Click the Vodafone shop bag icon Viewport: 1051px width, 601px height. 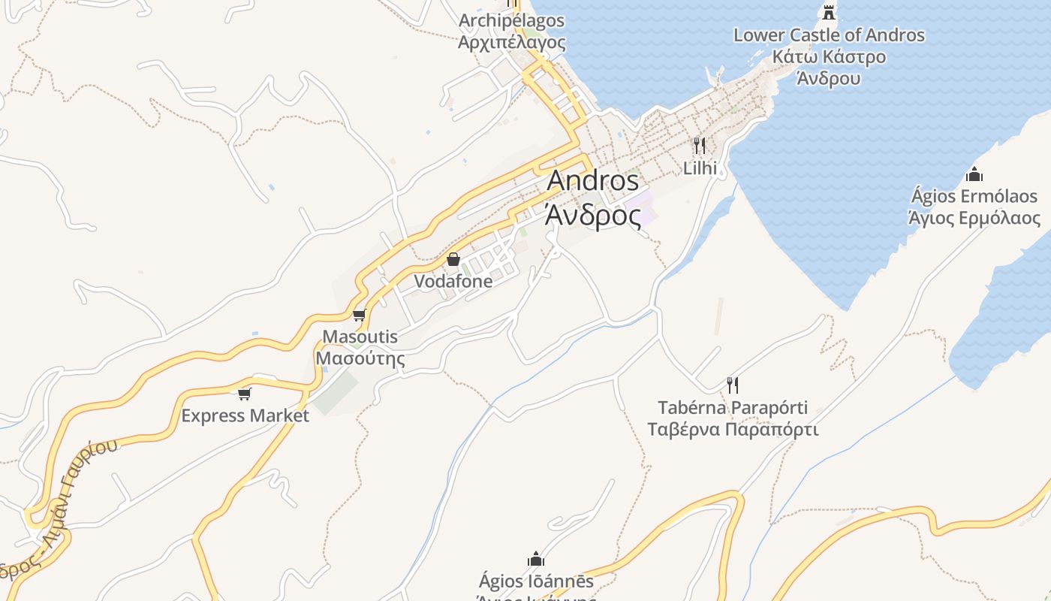click(453, 260)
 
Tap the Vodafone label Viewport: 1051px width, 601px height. click(453, 282)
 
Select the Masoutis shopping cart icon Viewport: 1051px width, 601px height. click(360, 315)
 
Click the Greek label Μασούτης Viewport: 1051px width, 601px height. click(360, 358)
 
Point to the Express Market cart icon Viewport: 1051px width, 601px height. click(244, 394)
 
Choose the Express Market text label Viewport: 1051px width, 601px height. click(245, 415)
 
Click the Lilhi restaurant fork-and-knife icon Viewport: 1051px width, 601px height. click(700, 145)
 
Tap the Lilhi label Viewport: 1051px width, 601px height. click(700, 168)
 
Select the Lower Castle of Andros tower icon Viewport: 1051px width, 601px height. click(829, 12)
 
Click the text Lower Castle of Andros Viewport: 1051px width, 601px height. click(829, 35)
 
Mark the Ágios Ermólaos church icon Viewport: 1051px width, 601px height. click(974, 175)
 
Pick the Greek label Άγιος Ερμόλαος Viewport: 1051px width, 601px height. click(974, 219)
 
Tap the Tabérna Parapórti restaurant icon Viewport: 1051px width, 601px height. click(733, 385)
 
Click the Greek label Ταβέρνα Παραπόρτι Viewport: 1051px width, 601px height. click(733, 430)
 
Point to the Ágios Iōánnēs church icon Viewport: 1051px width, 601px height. click(536, 559)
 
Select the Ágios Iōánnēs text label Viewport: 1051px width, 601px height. click(536, 581)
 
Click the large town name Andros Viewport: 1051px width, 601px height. click(593, 181)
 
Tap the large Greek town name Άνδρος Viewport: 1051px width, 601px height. click(593, 215)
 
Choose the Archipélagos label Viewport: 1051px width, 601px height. click(511, 20)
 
